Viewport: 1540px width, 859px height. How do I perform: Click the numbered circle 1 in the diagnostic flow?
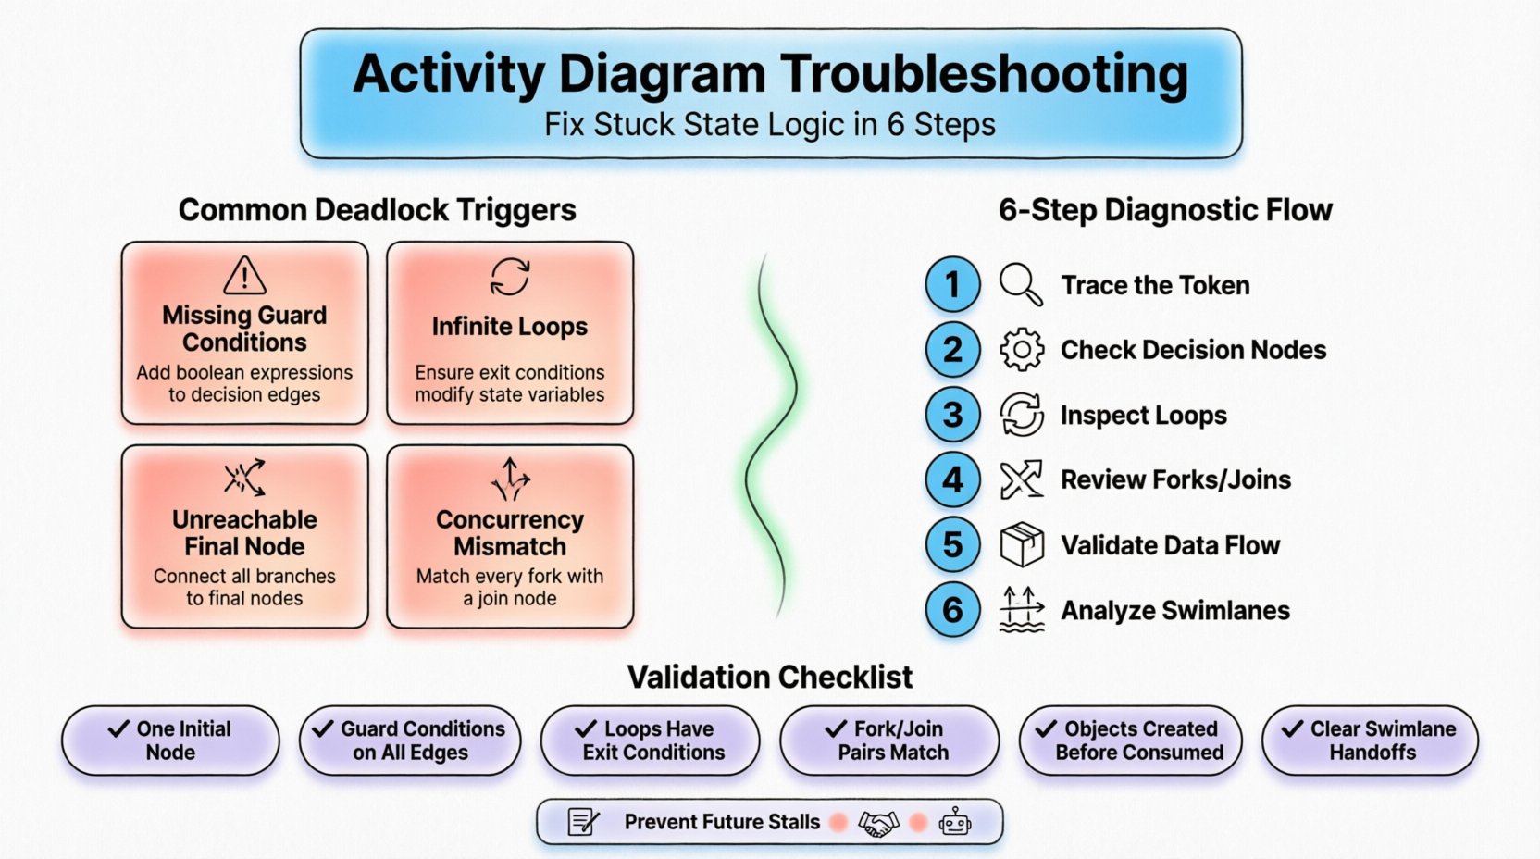952,284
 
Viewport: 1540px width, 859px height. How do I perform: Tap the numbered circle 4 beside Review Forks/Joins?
952,479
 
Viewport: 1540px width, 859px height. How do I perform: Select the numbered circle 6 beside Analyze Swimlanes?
952,610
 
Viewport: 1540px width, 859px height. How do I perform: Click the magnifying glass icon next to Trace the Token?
1021,284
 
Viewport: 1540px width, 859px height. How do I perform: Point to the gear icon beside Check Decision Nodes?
1022,350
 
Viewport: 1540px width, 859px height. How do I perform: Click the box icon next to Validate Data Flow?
1022,544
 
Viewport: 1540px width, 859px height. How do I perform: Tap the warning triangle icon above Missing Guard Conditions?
244,276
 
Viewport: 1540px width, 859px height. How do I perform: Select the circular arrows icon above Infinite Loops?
510,276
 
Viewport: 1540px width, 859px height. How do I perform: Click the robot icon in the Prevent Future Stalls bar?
955,822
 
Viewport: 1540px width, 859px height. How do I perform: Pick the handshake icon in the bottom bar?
878,822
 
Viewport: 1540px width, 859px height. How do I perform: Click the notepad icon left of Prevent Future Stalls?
583,822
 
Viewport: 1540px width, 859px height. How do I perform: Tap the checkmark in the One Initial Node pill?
118,728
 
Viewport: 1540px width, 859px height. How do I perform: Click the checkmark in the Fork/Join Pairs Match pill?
836,728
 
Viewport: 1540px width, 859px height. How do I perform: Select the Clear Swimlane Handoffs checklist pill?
1371,741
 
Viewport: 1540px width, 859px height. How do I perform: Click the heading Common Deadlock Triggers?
377,210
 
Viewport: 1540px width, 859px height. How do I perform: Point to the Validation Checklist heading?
770,678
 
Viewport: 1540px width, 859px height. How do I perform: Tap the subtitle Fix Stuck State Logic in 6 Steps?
770,125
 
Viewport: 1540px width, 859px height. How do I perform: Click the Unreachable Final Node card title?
244,532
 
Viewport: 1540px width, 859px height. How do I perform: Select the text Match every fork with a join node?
510,587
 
